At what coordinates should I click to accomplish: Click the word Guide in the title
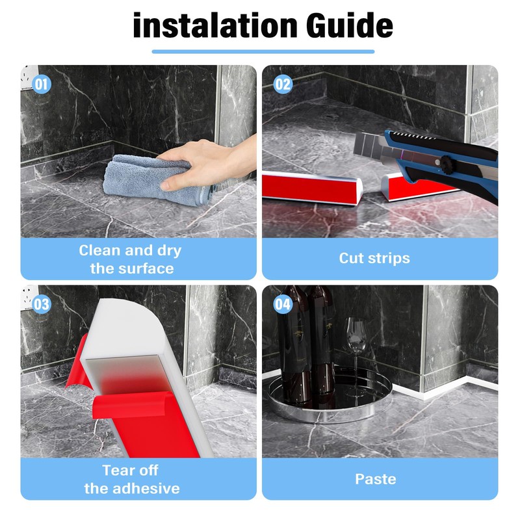[x=349, y=25]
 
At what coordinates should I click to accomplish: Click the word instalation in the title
[x=215, y=25]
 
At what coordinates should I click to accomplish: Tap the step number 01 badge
[x=42, y=84]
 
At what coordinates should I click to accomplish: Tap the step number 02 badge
[x=283, y=84]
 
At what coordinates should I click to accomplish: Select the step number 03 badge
[x=42, y=304]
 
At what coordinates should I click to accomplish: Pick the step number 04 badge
[x=283, y=304]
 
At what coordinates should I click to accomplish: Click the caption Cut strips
[x=374, y=258]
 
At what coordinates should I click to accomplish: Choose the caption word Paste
[x=376, y=479]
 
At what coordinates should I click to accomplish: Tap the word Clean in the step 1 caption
[x=99, y=250]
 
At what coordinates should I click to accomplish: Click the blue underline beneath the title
[x=263, y=51]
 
